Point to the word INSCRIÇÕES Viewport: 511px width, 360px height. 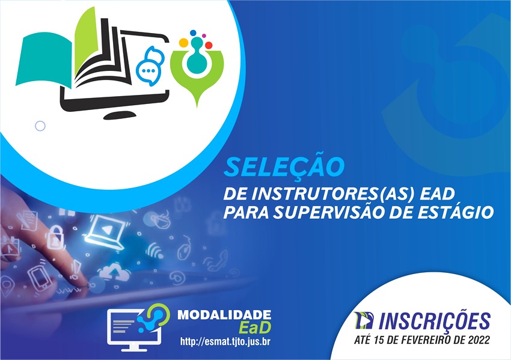[435, 320]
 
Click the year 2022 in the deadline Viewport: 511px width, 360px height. [479, 340]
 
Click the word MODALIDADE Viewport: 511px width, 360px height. [224, 315]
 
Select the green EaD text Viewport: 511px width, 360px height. [254, 328]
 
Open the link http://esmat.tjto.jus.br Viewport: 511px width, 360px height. [225, 342]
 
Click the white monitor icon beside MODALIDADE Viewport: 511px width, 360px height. [134, 330]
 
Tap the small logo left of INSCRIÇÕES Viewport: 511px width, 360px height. [364, 320]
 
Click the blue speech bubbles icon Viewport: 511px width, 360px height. [150, 67]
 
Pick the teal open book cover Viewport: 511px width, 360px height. [44, 61]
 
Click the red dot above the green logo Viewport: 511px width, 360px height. [209, 45]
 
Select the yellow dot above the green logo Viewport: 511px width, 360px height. [183, 43]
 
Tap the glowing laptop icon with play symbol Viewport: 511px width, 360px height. [106, 232]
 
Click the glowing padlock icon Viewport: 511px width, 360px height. [55, 237]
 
